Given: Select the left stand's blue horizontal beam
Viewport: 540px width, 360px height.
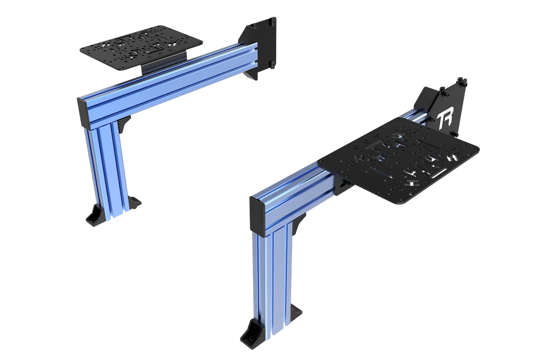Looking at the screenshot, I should click(166, 81).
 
